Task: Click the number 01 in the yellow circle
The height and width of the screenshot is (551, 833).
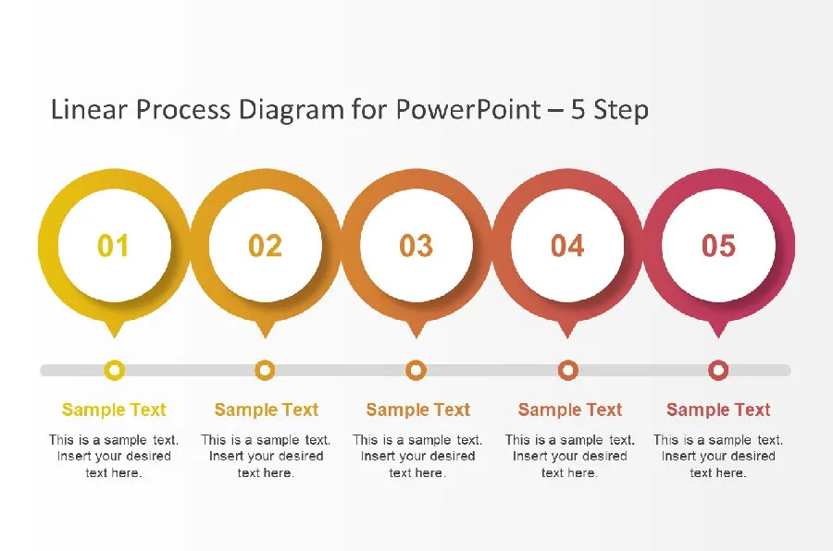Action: [114, 246]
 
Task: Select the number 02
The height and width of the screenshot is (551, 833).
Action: [265, 246]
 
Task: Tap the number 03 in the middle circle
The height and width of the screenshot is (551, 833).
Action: [416, 246]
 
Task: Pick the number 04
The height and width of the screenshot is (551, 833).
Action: [567, 246]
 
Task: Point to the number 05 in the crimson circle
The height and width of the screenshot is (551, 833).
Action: [718, 246]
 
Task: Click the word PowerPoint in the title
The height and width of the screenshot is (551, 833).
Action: [468, 110]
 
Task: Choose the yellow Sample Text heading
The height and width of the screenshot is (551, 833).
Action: [114, 410]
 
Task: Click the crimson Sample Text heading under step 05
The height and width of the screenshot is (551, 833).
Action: [718, 410]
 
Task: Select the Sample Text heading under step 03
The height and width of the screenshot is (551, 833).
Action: [418, 410]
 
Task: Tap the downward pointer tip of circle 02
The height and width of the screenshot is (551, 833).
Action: [265, 337]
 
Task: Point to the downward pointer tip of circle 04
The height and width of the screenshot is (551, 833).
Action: [567, 337]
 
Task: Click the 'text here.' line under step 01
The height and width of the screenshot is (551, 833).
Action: [114, 473]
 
